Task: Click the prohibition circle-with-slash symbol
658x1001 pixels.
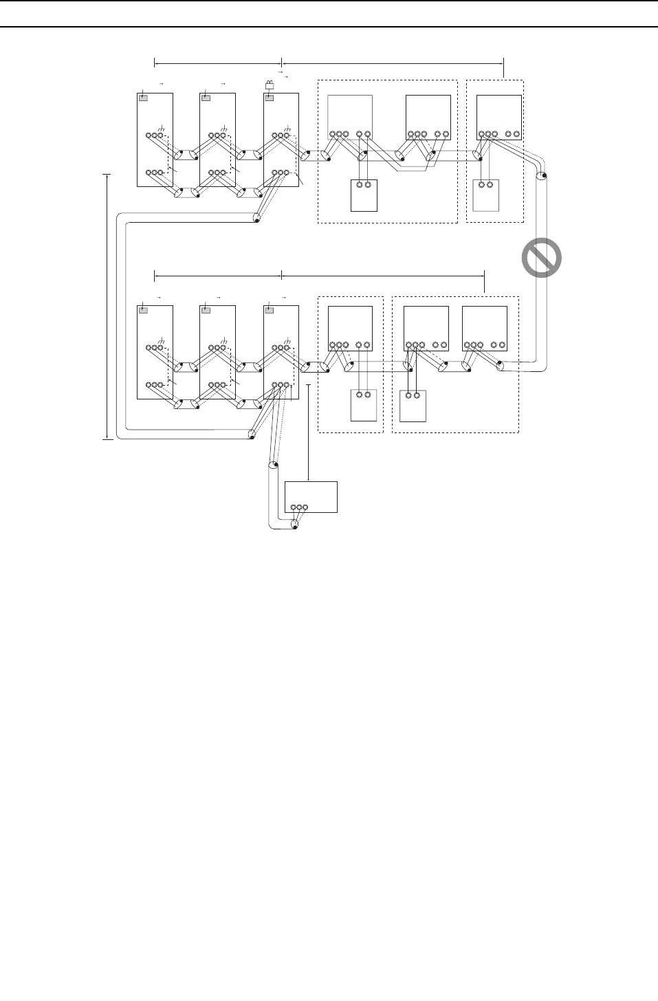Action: (x=540, y=258)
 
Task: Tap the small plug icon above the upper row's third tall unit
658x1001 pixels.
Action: (x=270, y=85)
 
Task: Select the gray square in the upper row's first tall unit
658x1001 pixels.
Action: (x=143, y=98)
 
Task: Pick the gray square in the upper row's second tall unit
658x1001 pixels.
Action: (x=205, y=98)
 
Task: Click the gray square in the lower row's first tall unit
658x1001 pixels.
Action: (x=143, y=310)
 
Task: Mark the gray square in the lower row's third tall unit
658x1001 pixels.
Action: (x=270, y=310)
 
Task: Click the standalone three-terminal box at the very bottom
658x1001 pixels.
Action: (x=311, y=496)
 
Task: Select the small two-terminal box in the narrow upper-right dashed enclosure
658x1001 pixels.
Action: (x=486, y=195)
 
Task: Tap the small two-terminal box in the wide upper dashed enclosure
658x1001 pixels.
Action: (x=364, y=195)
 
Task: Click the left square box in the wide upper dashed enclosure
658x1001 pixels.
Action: (x=350, y=117)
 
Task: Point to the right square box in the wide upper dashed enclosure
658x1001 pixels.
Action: (x=428, y=117)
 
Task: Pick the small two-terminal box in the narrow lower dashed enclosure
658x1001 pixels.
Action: (x=364, y=405)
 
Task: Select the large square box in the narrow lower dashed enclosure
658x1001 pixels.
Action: (x=350, y=329)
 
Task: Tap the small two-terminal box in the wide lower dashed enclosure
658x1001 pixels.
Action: (x=413, y=405)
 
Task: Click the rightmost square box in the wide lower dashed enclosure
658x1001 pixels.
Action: (x=484, y=329)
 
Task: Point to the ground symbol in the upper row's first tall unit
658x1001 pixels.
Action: (x=162, y=129)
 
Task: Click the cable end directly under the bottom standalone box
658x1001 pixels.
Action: (x=294, y=525)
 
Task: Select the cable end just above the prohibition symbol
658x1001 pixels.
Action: (x=542, y=177)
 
